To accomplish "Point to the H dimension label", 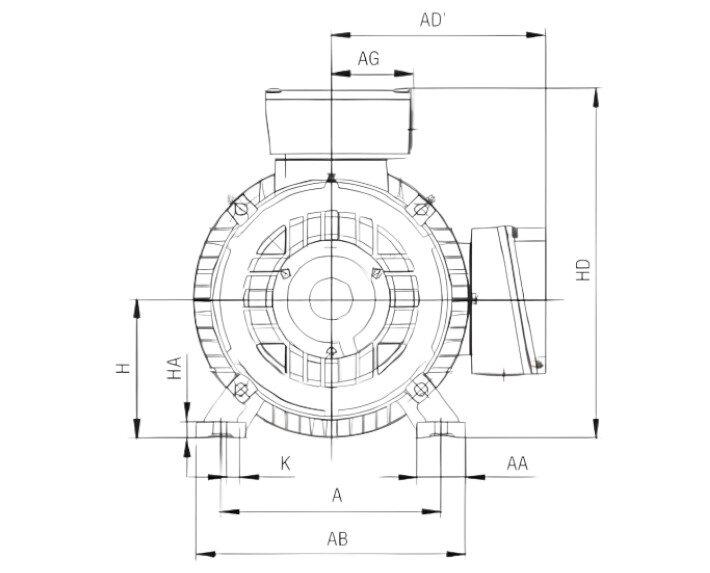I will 121,368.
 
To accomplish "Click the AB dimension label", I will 337,539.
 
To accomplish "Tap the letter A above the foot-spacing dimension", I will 337,495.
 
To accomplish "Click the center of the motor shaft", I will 330,298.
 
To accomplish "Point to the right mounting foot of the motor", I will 441,428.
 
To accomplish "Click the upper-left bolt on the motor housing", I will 241,208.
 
